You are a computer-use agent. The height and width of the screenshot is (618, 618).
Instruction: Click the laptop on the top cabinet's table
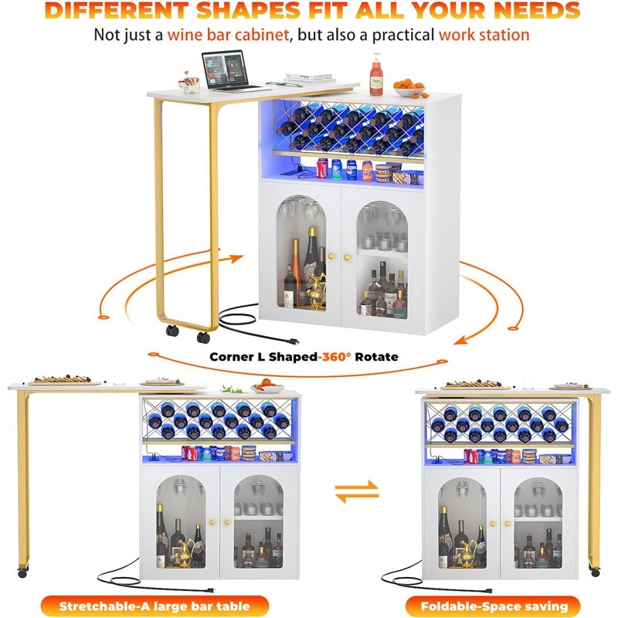click(229, 71)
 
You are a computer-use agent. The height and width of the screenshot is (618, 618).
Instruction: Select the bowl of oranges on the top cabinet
click(410, 88)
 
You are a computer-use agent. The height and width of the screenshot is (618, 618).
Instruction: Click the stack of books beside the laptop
click(311, 78)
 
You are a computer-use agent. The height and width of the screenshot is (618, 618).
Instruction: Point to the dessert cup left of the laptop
click(189, 83)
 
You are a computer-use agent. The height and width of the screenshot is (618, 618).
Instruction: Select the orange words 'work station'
click(484, 35)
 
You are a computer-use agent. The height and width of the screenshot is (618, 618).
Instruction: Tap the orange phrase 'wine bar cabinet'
click(228, 35)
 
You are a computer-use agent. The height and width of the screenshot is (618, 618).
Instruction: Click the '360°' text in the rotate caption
click(336, 357)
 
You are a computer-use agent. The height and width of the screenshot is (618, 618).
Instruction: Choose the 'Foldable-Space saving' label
click(494, 606)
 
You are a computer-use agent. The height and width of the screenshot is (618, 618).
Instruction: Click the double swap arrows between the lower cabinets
click(357, 491)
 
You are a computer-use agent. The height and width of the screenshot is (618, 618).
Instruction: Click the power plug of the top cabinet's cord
click(294, 341)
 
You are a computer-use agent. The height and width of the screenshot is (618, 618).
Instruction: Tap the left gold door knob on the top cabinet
click(331, 256)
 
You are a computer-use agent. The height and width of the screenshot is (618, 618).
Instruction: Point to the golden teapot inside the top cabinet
click(317, 291)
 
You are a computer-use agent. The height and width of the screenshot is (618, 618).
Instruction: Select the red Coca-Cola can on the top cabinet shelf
click(322, 168)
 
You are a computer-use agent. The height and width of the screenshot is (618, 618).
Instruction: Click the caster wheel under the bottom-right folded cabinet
click(594, 570)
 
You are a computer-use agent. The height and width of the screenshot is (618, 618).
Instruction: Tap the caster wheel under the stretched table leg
click(22, 572)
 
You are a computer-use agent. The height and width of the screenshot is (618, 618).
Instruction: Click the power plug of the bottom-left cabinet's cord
click(210, 590)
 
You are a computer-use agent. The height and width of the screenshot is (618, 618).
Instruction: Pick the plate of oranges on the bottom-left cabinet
click(267, 386)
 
